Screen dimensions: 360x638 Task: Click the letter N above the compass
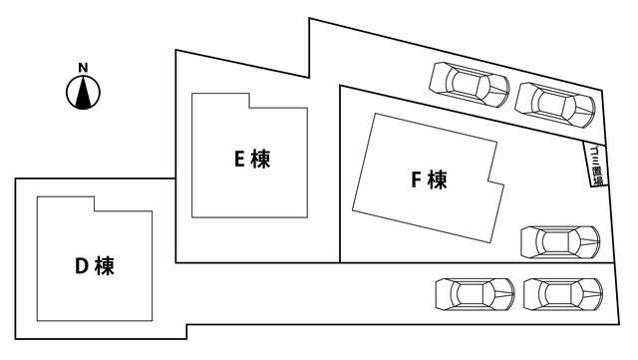tap(84, 69)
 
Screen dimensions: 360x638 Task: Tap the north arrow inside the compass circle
tap(84, 94)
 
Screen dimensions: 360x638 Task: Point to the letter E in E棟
tap(239, 159)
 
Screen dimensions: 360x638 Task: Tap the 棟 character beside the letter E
tap(261, 159)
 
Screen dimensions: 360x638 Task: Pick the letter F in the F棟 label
tap(417, 180)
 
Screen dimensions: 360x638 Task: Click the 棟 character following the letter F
tap(438, 180)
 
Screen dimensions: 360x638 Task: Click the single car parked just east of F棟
tap(560, 242)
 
